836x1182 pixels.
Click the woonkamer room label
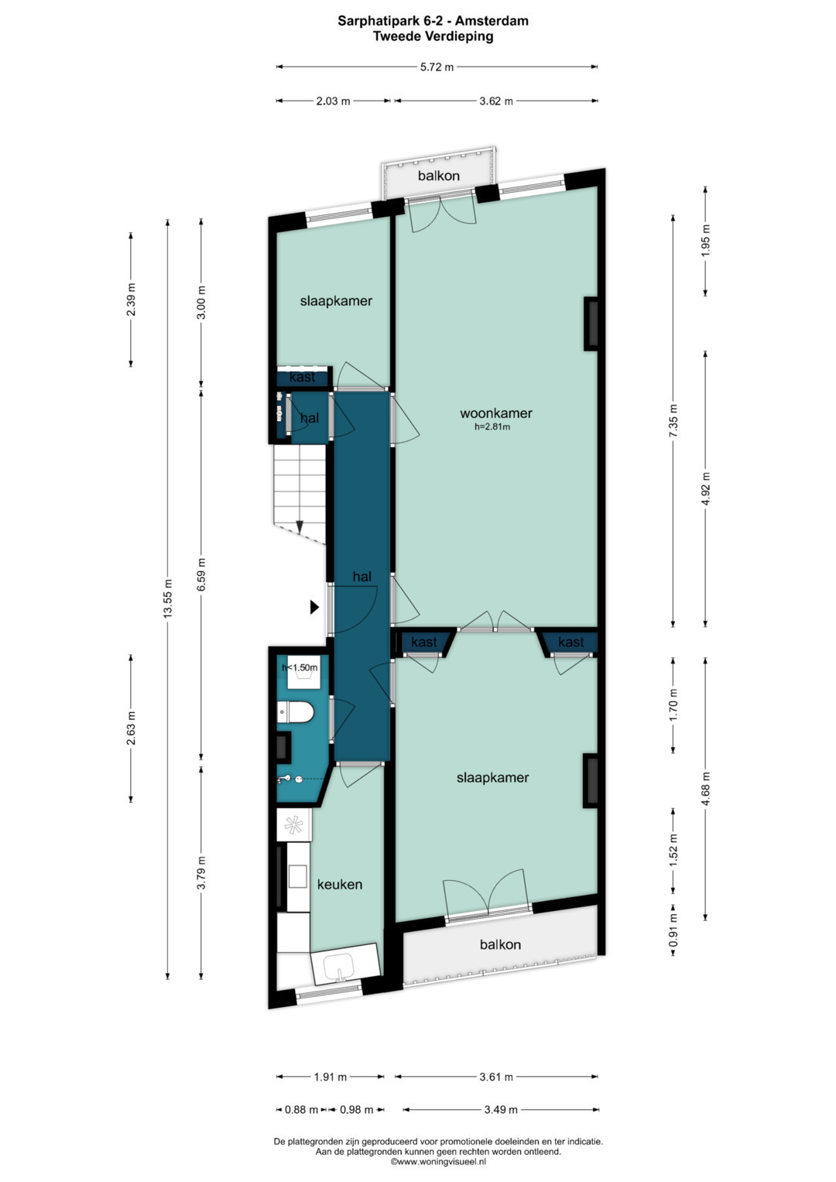pos(495,413)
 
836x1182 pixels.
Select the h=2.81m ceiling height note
pos(492,427)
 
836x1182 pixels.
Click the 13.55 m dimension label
pos(168,598)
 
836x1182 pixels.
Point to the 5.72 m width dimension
pos(437,67)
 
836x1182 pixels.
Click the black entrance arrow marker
pos(314,608)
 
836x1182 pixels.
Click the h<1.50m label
pos(300,667)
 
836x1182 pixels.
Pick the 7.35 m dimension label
pos(673,420)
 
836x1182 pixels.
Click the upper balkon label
pos(439,176)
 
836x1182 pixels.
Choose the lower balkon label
pos(500,944)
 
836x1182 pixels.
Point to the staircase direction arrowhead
pos(300,526)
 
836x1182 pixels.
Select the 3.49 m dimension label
pos(501,1110)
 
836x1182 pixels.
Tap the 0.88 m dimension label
pos(301,1110)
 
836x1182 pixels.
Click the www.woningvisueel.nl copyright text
pos(437,1161)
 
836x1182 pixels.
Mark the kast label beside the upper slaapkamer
pos(303,377)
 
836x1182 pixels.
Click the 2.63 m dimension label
pos(131,728)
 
